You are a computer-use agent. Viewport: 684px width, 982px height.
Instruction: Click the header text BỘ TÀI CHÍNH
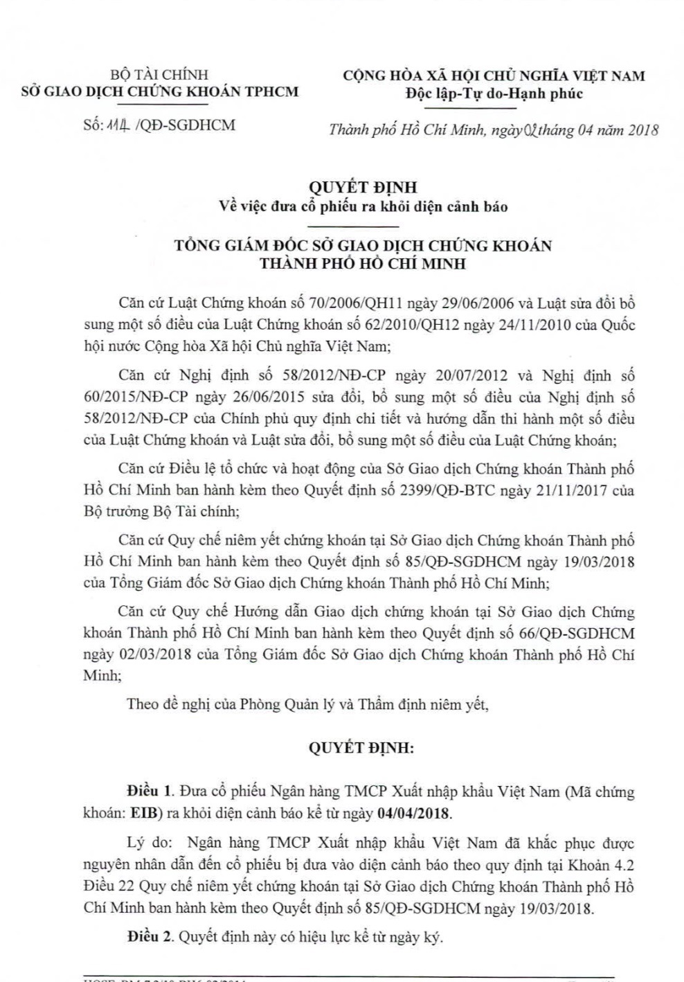pos(159,75)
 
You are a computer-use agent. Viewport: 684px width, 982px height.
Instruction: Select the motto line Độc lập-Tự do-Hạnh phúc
pos(494,93)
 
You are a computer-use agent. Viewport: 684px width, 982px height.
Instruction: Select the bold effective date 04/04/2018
pos(413,813)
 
